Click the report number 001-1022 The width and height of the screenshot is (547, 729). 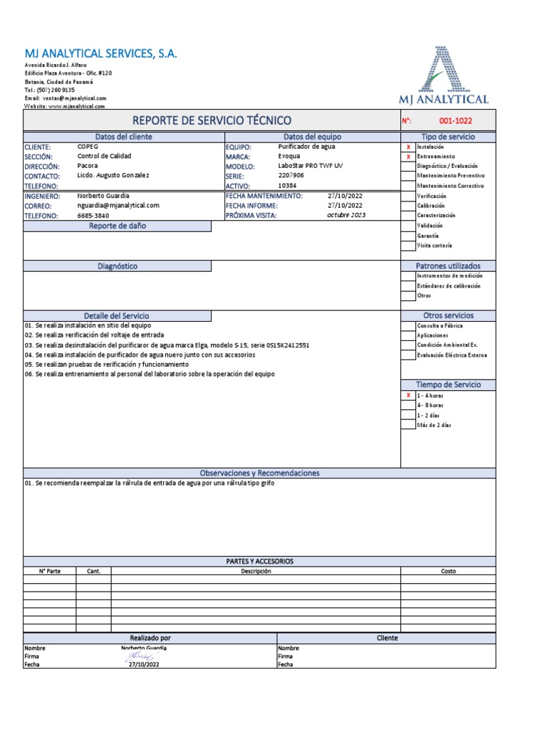[x=456, y=121]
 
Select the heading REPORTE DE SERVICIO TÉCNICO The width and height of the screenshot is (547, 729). [x=212, y=121]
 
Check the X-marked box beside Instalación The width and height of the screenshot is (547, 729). [x=408, y=146]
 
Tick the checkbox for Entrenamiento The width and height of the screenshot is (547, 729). [x=408, y=156]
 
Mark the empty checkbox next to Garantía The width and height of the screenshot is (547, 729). [x=408, y=235]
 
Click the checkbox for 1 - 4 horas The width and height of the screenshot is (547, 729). [x=408, y=395]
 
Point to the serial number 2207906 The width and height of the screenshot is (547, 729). [x=291, y=175]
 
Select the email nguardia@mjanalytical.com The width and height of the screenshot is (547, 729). [x=118, y=205]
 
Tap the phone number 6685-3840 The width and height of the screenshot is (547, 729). [x=93, y=215]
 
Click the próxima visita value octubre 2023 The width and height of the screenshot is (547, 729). [x=346, y=215]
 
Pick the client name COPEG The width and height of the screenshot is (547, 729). [x=88, y=146]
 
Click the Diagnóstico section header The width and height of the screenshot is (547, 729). [x=118, y=266]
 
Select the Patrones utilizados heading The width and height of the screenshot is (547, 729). [x=448, y=266]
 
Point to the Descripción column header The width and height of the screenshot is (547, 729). [x=256, y=571]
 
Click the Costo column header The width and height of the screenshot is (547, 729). [x=448, y=571]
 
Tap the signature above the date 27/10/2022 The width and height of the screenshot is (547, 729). [x=141, y=656]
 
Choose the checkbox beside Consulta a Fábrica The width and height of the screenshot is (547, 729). [x=408, y=325]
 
